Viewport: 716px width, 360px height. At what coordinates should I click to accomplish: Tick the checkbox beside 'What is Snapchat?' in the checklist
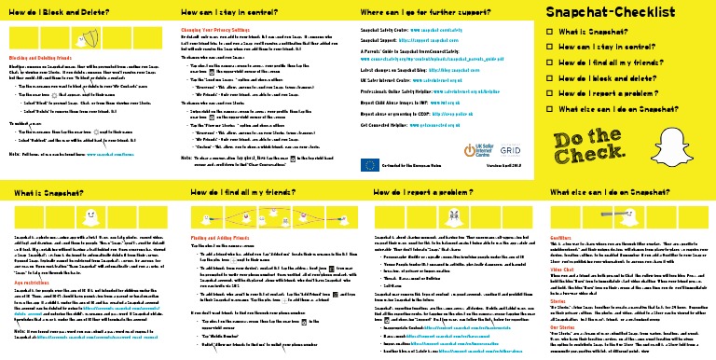click(x=549, y=33)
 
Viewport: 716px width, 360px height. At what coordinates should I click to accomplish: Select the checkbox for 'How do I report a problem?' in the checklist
click(x=549, y=94)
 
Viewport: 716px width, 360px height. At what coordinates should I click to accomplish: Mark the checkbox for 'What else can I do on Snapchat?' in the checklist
click(x=549, y=110)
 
